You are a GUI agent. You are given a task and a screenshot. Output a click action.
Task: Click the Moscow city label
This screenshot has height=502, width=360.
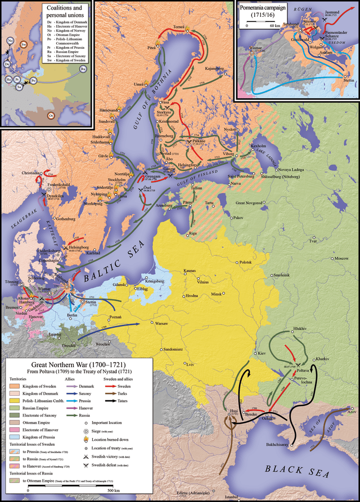click(x=343, y=257)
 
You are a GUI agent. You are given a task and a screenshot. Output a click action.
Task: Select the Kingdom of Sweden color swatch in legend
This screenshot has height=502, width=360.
click(x=15, y=387)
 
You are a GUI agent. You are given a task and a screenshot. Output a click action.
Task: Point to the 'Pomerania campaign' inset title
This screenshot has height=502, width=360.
click(x=267, y=10)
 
